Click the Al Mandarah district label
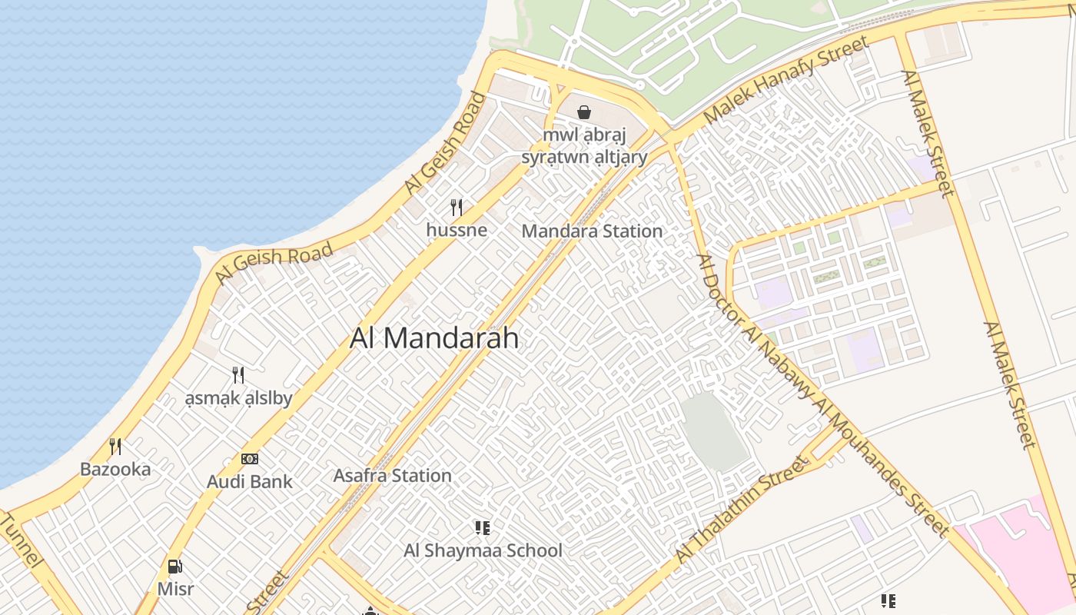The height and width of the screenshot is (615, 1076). [x=434, y=338]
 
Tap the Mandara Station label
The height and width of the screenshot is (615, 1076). [x=592, y=231]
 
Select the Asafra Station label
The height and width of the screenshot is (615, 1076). [x=392, y=475]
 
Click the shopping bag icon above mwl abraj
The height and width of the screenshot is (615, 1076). [x=584, y=112]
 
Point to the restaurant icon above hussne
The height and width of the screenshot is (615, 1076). [x=457, y=207]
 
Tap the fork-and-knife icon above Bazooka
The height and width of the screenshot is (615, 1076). [x=115, y=446]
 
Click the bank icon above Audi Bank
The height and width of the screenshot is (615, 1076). [x=250, y=459]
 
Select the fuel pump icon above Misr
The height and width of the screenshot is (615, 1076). [x=175, y=567]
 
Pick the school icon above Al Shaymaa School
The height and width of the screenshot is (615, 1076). [x=483, y=527]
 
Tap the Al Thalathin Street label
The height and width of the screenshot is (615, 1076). [x=742, y=509]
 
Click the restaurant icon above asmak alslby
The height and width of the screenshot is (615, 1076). [x=238, y=375]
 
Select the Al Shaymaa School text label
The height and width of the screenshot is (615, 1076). [x=483, y=550]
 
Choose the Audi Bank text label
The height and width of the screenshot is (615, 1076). [x=250, y=482]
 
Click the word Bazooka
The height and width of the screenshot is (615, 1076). [x=115, y=469]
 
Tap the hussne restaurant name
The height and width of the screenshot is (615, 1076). [x=457, y=230]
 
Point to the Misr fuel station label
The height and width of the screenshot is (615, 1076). [x=175, y=590]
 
